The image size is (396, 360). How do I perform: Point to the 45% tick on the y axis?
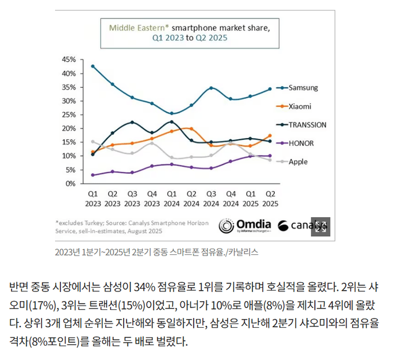coord(69,59)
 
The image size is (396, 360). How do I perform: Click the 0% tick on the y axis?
coord(71,184)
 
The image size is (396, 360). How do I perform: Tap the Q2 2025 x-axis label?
coord(270,199)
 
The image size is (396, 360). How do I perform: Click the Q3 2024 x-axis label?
coord(211,199)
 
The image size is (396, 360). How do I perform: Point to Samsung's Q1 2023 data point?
coord(93,66)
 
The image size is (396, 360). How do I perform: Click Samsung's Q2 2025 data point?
coord(270,89)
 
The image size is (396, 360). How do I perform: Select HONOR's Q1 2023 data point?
coord(93,175)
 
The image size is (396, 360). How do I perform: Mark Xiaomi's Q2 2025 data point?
coord(270,135)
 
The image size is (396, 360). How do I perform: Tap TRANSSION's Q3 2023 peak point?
coord(132,122)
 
